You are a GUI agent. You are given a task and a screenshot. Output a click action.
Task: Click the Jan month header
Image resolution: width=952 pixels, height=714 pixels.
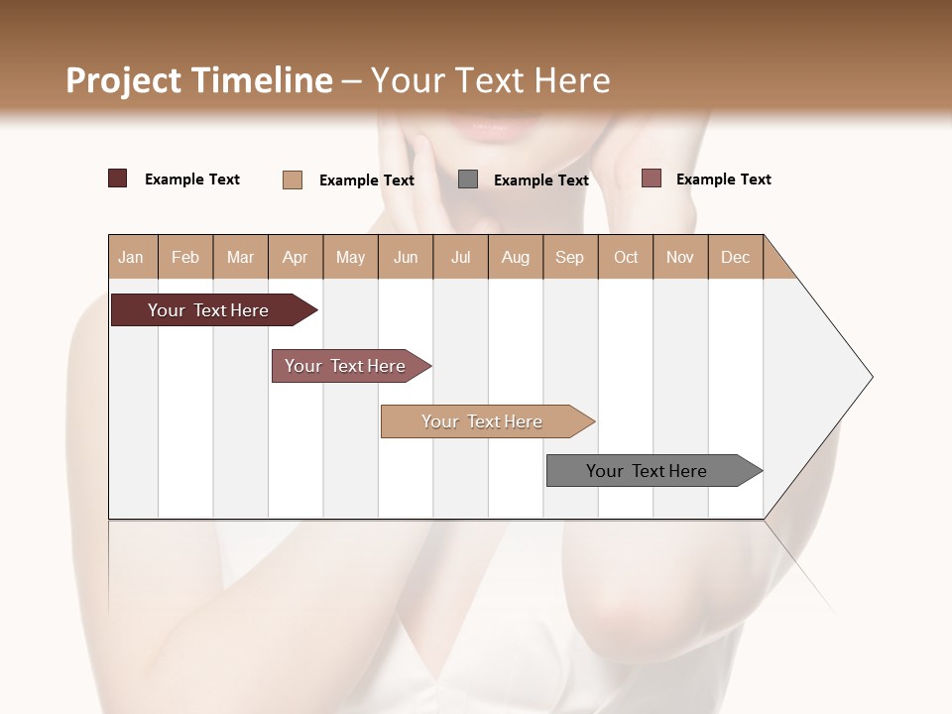132,257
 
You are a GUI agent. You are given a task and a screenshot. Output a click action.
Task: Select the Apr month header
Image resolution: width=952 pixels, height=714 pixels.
296,257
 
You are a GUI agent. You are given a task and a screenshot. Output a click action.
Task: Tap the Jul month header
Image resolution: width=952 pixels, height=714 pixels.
460,257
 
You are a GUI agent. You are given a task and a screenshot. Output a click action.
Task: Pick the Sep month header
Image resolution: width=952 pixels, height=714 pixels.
569,257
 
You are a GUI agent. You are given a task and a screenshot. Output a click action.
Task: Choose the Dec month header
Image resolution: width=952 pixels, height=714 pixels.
735,257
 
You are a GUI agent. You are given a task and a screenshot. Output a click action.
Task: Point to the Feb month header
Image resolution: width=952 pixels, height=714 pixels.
185,257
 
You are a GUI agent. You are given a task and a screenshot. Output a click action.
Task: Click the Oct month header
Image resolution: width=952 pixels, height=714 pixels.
626,257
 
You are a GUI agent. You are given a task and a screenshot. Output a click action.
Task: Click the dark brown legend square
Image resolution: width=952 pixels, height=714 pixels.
118,178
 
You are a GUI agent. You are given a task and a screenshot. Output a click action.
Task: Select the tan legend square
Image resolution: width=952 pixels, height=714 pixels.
293,179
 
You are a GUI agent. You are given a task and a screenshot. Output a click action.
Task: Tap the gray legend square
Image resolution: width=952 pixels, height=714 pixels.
468,178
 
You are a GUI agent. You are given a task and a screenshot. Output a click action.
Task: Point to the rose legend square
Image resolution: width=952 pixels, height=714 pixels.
651,178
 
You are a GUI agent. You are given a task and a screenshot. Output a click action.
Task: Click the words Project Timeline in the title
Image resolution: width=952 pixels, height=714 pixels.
198,80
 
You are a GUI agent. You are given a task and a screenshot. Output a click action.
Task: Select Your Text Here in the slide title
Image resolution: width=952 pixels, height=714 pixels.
490,80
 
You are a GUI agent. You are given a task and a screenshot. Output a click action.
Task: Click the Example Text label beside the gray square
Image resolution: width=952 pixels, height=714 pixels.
540,180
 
